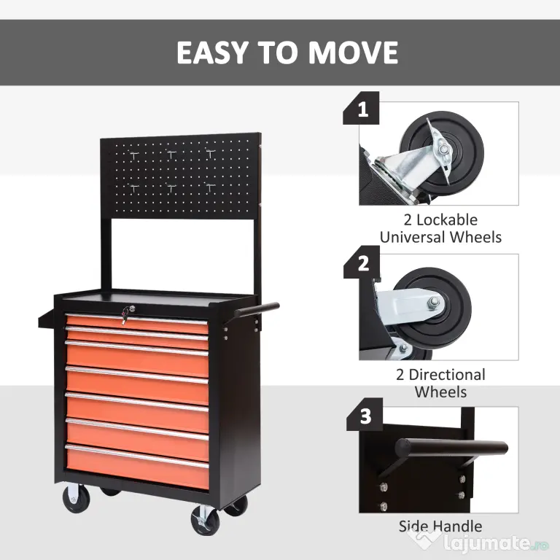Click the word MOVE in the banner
(353, 52)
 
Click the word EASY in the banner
(212, 52)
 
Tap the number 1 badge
(362, 108)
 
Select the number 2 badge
(362, 262)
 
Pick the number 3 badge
(365, 415)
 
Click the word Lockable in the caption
(447, 220)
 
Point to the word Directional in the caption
(447, 375)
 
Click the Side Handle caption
(440, 526)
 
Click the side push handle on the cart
(257, 309)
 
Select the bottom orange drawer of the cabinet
(138, 467)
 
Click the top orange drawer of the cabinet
(137, 324)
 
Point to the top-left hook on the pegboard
(134, 155)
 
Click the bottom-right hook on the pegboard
(210, 187)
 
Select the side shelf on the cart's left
(47, 318)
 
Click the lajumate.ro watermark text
(496, 543)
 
